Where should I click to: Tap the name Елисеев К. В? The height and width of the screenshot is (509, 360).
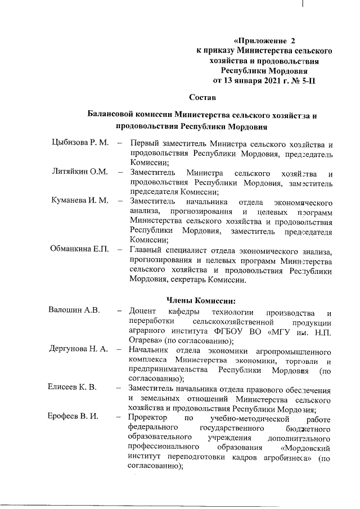[x=73, y=388]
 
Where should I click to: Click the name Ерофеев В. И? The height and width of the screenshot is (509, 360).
[x=74, y=418]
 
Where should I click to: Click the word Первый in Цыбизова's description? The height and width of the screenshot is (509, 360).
[x=145, y=144]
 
